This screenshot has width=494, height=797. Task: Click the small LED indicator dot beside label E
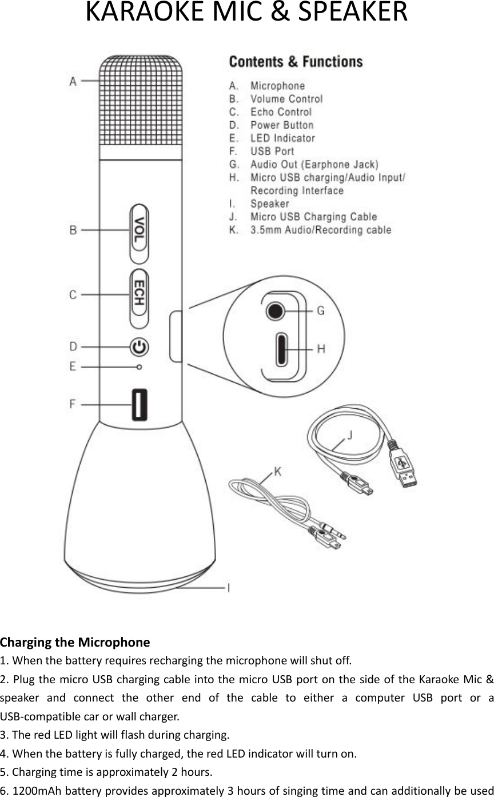tap(139, 366)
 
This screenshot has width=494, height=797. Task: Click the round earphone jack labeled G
tap(275, 311)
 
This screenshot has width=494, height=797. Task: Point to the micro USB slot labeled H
tap(282, 349)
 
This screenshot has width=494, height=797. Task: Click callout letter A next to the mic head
tap(73, 82)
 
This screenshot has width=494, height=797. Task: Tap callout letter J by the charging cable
tap(350, 435)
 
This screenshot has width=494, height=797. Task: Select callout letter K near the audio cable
tap(277, 471)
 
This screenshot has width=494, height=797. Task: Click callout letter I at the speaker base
tap(229, 587)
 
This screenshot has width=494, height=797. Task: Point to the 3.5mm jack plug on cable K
tap(337, 534)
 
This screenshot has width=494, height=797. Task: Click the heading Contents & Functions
tap(296, 62)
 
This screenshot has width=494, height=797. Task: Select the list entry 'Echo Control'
tap(281, 112)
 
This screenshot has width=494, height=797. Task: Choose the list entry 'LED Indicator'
tap(282, 138)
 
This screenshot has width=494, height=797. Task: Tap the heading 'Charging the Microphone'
tap(75, 642)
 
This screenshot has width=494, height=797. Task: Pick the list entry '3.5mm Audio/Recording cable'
tap(321, 230)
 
